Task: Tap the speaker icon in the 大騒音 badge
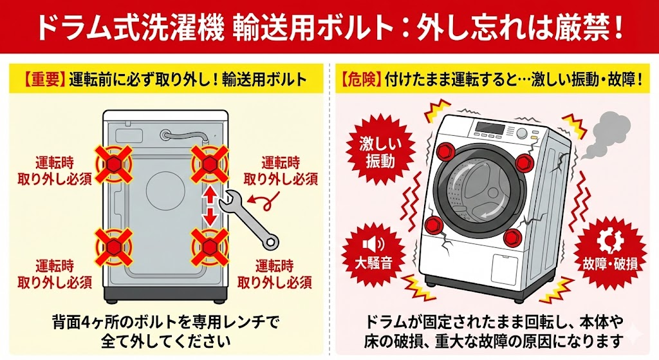coord(373,244)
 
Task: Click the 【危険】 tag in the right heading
coord(361,80)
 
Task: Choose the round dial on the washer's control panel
coord(522,133)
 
